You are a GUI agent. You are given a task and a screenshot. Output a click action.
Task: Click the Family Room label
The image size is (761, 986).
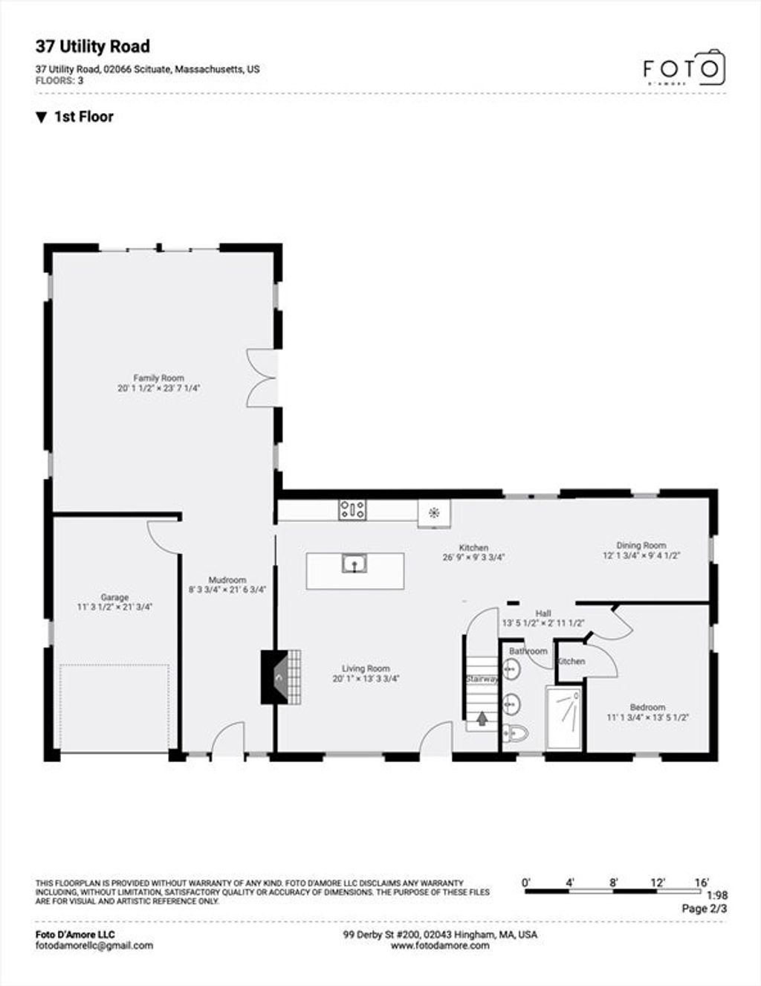[159, 378]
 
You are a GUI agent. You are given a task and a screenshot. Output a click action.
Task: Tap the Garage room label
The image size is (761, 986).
[114, 597]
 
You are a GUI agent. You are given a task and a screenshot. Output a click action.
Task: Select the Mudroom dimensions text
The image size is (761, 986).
[227, 590]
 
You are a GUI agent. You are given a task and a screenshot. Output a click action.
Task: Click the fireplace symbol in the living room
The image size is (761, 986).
[281, 677]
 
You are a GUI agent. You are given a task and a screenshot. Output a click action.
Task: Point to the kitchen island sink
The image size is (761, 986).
[354, 564]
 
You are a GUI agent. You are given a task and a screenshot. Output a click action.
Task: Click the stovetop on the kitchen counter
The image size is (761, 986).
[352, 509]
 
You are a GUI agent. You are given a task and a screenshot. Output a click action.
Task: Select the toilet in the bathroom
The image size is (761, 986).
[515, 732]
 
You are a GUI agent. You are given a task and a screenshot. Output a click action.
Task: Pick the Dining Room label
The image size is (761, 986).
[641, 545]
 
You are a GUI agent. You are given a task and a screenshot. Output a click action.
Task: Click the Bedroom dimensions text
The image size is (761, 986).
[647, 718]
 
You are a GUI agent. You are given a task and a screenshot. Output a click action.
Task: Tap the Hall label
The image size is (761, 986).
[543, 613]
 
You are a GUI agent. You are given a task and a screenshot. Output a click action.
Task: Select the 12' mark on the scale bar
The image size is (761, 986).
[657, 883]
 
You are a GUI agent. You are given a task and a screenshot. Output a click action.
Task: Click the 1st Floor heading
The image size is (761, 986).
[84, 117]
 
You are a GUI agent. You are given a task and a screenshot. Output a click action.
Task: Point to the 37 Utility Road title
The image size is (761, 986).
[93, 47]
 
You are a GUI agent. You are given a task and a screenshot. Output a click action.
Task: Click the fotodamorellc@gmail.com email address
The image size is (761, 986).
[94, 945]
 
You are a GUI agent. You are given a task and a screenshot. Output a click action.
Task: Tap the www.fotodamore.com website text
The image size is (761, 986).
[440, 945]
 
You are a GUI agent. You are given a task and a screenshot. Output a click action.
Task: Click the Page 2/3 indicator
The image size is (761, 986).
[705, 908]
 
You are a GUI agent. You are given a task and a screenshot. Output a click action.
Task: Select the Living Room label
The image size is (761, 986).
[366, 668]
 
